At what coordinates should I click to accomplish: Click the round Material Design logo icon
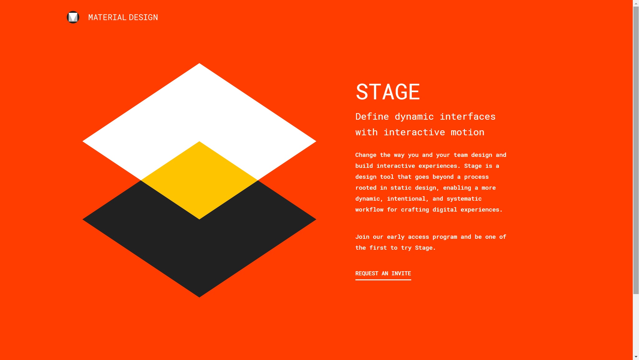click(73, 17)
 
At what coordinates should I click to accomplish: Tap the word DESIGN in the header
click(144, 17)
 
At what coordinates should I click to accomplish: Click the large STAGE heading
click(388, 92)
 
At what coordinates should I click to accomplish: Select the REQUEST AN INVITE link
click(383, 274)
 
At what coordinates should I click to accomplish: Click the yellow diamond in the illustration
click(199, 180)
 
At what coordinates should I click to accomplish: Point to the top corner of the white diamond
click(199, 63)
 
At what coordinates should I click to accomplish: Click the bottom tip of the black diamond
click(199, 297)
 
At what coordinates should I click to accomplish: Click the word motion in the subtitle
click(467, 132)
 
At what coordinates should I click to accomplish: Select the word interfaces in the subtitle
click(468, 117)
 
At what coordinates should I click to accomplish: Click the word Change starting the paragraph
click(366, 155)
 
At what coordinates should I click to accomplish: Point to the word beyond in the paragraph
click(443, 177)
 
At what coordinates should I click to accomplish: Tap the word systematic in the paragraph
click(464, 199)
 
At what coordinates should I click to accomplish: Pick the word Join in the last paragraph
click(362, 237)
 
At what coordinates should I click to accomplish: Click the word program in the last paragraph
click(445, 237)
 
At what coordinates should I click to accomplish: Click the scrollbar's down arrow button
click(636, 357)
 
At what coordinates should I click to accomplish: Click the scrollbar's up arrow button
click(636, 3)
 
